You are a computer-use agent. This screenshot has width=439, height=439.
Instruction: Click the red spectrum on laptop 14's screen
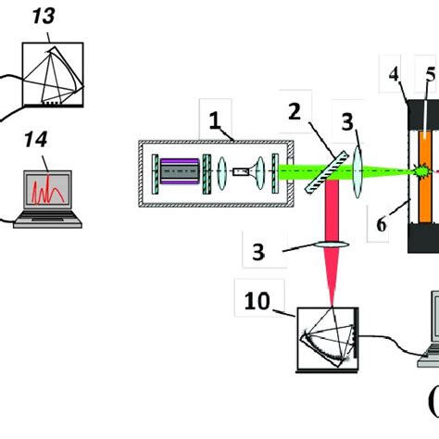coord(47,194)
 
